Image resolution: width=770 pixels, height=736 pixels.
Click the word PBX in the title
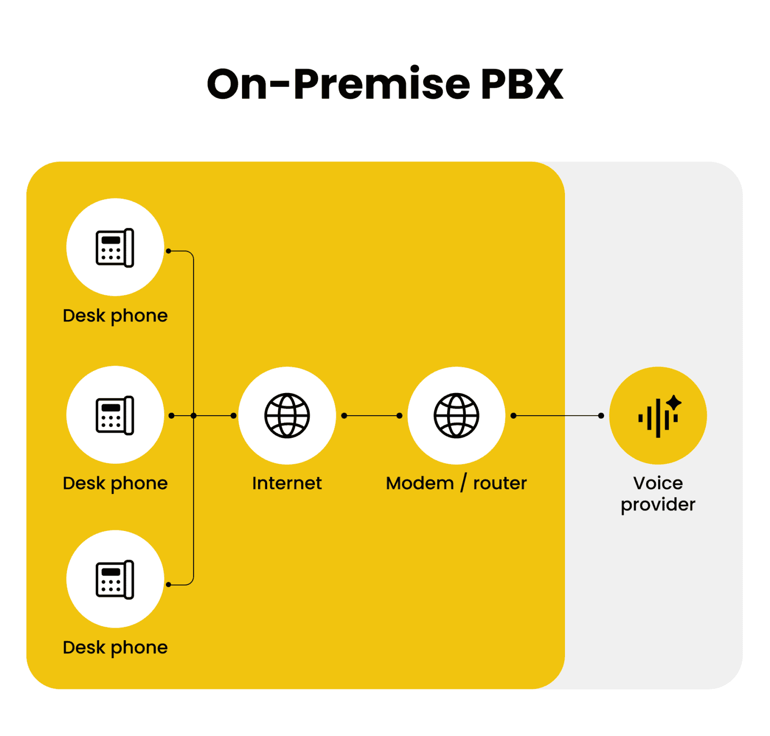coord(522,84)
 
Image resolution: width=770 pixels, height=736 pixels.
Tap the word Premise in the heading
coord(381,84)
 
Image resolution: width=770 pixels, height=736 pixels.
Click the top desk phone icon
coord(115,248)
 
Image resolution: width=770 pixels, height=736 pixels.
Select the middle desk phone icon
coord(115,415)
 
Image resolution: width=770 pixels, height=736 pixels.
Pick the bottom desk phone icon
coord(115,580)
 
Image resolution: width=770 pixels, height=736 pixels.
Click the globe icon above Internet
coord(287,416)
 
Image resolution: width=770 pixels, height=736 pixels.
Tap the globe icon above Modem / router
coord(456,416)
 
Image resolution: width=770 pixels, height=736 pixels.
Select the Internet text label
coord(287,483)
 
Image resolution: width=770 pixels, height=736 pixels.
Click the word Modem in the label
coord(420,483)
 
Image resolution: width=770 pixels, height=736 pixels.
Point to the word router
coord(500,483)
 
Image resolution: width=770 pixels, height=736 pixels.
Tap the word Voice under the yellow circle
coord(658,483)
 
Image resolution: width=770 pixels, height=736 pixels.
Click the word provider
coord(658,505)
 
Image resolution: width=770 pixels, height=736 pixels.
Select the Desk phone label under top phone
coord(115,316)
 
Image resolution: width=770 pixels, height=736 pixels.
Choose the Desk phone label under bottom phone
coord(115,648)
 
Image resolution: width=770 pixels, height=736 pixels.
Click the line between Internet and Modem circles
coord(371,416)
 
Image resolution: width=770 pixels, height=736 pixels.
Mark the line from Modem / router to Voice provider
coord(556,416)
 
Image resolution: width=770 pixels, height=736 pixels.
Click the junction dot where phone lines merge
coord(194,416)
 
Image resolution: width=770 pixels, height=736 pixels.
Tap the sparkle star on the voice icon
coord(674,402)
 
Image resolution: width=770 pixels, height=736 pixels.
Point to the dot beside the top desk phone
coord(169,251)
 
